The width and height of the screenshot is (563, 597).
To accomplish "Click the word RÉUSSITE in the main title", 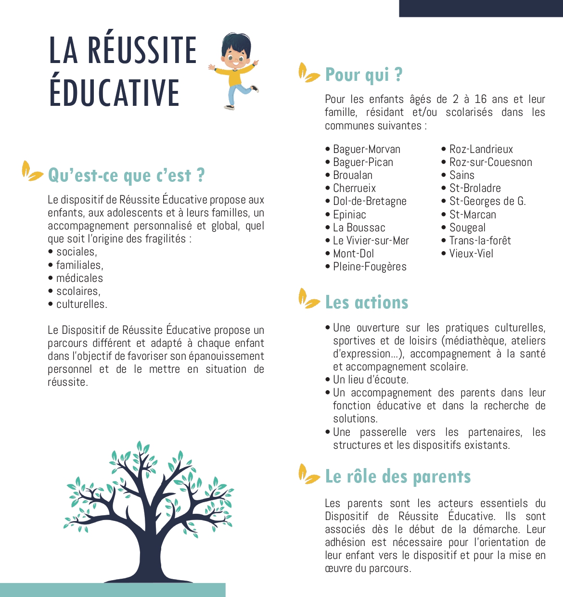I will [142, 51].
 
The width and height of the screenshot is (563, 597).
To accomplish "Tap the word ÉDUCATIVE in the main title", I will [115, 93].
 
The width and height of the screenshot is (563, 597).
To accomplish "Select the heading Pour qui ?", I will [364, 75].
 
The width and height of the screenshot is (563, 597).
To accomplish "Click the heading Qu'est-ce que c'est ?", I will [126, 176].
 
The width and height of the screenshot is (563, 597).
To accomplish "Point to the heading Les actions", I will [367, 303].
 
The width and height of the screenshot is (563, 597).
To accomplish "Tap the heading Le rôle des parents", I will [398, 477].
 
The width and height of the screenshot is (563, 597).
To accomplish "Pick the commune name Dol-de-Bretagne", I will [370, 202].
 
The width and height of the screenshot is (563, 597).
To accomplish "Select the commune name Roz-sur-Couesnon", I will [490, 163].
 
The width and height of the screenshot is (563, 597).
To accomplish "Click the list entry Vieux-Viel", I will [471, 254].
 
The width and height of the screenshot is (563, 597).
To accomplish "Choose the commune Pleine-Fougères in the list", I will [370, 267].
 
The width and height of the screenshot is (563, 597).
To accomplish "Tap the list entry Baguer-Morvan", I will [367, 150].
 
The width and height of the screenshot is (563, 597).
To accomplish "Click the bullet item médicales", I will [79, 278].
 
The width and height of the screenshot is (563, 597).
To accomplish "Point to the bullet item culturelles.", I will [81, 304].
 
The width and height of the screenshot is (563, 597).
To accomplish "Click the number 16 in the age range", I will [480, 100].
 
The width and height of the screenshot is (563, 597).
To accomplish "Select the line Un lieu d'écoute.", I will [371, 380].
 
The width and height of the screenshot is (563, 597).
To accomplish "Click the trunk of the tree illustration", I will [144, 553].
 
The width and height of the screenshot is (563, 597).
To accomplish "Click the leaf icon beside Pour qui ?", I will [308, 73].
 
